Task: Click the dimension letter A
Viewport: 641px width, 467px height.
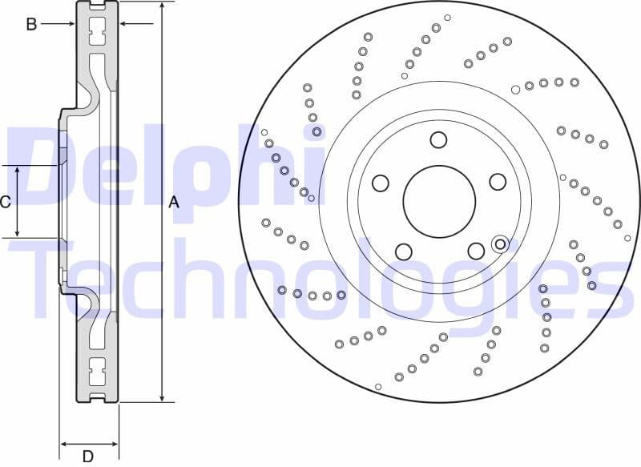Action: coord(174,203)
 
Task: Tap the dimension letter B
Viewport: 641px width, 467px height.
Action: coord(31,24)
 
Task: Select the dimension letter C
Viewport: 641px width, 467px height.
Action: coord(6,202)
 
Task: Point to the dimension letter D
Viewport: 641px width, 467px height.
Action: coord(88,456)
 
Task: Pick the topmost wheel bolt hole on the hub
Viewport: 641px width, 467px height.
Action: coord(437,140)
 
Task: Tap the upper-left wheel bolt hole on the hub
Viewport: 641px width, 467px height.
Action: coord(381,183)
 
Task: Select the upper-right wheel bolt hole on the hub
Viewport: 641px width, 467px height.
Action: coord(497,182)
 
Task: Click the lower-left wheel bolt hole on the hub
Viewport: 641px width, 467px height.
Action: coord(404,251)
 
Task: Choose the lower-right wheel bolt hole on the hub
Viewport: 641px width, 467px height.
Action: coord(476,251)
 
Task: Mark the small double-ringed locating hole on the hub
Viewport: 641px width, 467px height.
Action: coord(500,243)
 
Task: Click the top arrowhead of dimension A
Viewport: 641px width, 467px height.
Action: coord(163,6)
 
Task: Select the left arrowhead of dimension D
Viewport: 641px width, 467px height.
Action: coord(63,443)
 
